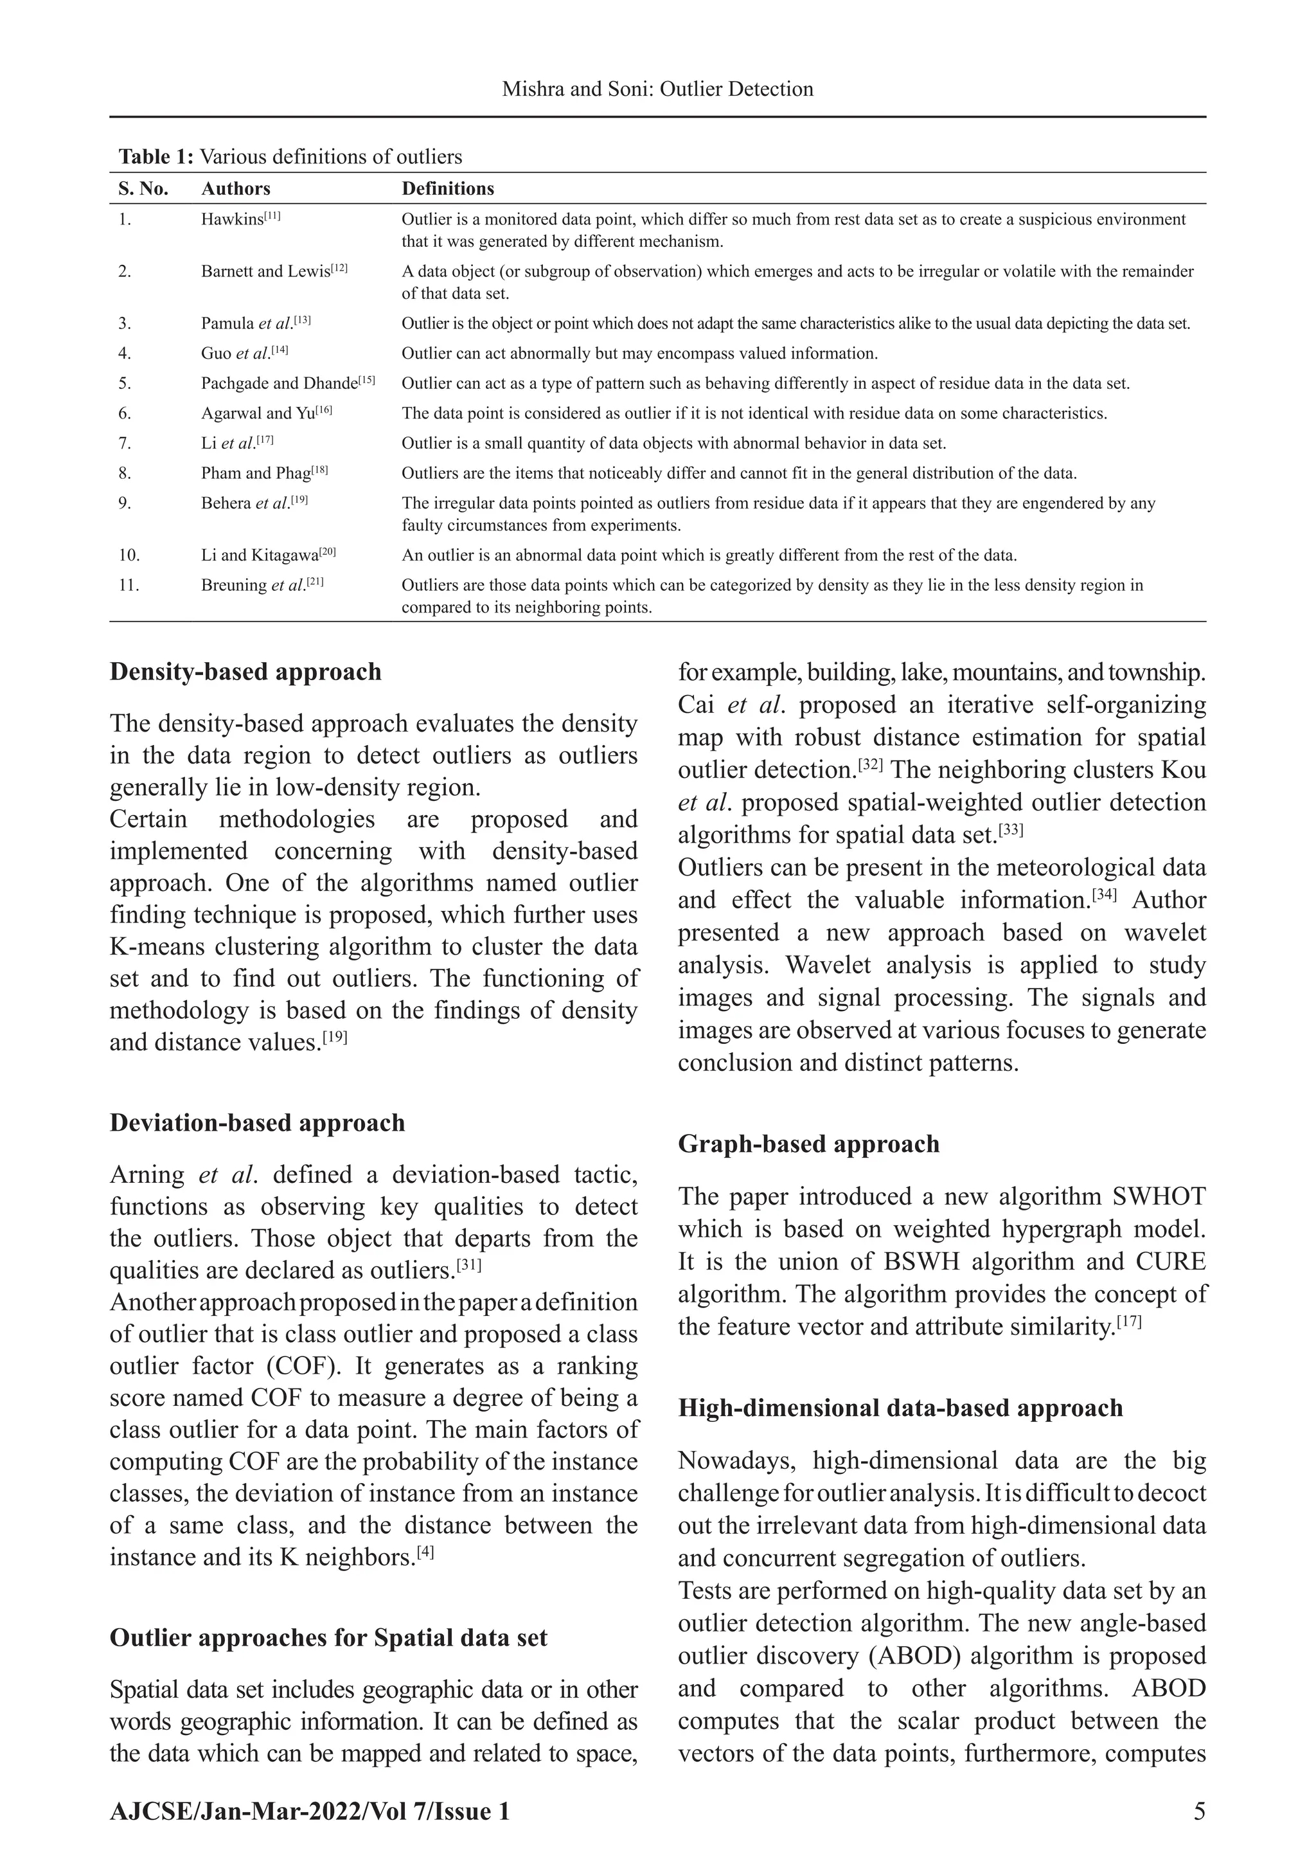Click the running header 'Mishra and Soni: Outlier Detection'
[x=657, y=89]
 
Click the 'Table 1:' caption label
[x=156, y=156]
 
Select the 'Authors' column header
[x=235, y=189]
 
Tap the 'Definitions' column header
[x=447, y=189]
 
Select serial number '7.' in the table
[x=125, y=444]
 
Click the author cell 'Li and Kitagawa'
[x=267, y=555]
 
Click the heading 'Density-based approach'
[x=245, y=672]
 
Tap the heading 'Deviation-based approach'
[x=257, y=1122]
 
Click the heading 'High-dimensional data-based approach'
[x=900, y=1408]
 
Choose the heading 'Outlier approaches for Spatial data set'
[x=328, y=1637]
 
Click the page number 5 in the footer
[x=1198, y=1811]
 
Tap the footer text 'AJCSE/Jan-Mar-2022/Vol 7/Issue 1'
[x=310, y=1811]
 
